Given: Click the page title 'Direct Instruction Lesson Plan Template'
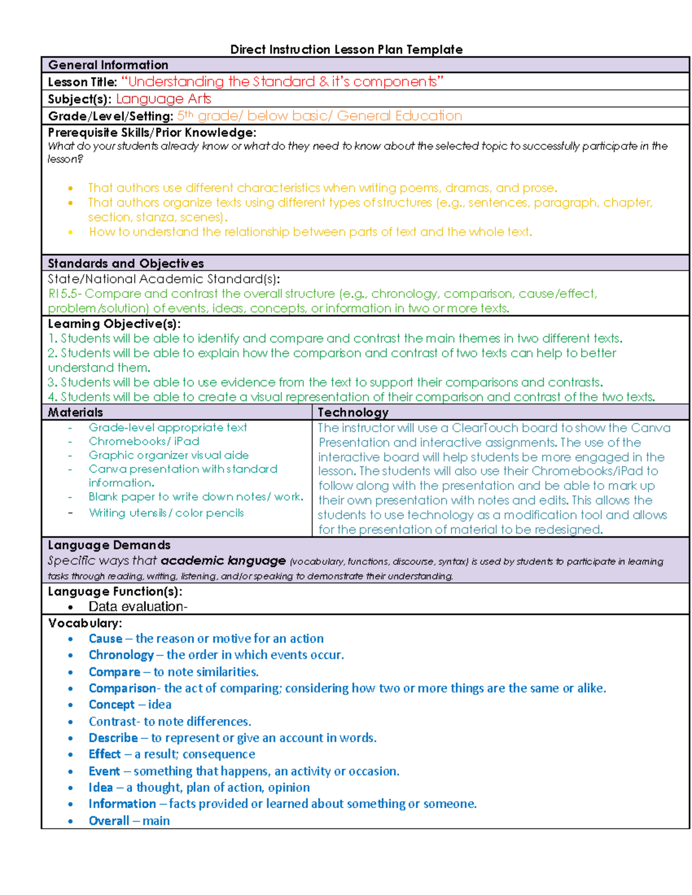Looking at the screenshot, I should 346,50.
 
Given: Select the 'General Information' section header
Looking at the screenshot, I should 108,65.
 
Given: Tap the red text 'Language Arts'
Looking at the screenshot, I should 163,99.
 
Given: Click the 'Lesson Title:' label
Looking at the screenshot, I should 82,82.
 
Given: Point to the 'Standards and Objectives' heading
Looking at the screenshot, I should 126,263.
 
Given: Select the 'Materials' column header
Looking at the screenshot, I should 76,412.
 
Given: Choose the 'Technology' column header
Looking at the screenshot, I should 353,412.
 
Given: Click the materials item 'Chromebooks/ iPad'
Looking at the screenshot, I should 144,441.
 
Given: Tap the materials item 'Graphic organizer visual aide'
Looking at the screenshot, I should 168,455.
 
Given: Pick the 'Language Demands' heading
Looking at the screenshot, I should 109,545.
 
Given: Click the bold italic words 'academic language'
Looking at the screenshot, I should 223,561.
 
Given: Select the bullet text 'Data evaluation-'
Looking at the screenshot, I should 138,606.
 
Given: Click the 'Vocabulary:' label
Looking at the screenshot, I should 85,623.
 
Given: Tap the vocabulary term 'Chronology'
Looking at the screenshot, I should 121,655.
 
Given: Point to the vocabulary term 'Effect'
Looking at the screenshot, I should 104,754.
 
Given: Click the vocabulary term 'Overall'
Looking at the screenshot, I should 108,821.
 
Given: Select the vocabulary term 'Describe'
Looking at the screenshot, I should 113,738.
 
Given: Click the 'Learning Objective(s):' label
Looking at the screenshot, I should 114,324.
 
